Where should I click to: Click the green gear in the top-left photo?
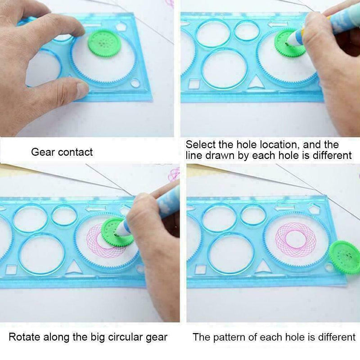pos(104,44)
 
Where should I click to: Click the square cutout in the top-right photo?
pos(194,84)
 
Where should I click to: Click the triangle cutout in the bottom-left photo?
pos(74,268)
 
